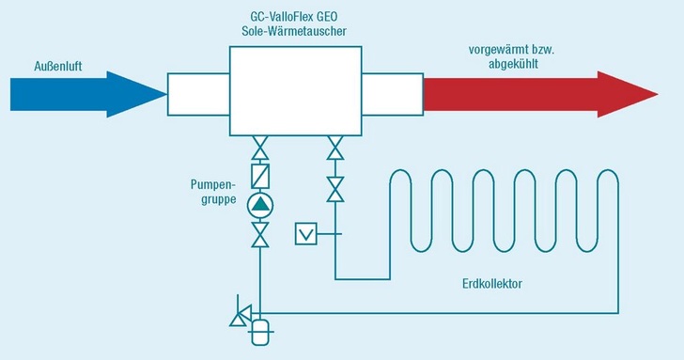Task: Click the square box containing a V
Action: click(x=306, y=232)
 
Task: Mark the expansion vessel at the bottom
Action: click(x=260, y=331)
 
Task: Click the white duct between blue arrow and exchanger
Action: click(x=198, y=92)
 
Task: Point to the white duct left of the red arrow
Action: click(x=392, y=92)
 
